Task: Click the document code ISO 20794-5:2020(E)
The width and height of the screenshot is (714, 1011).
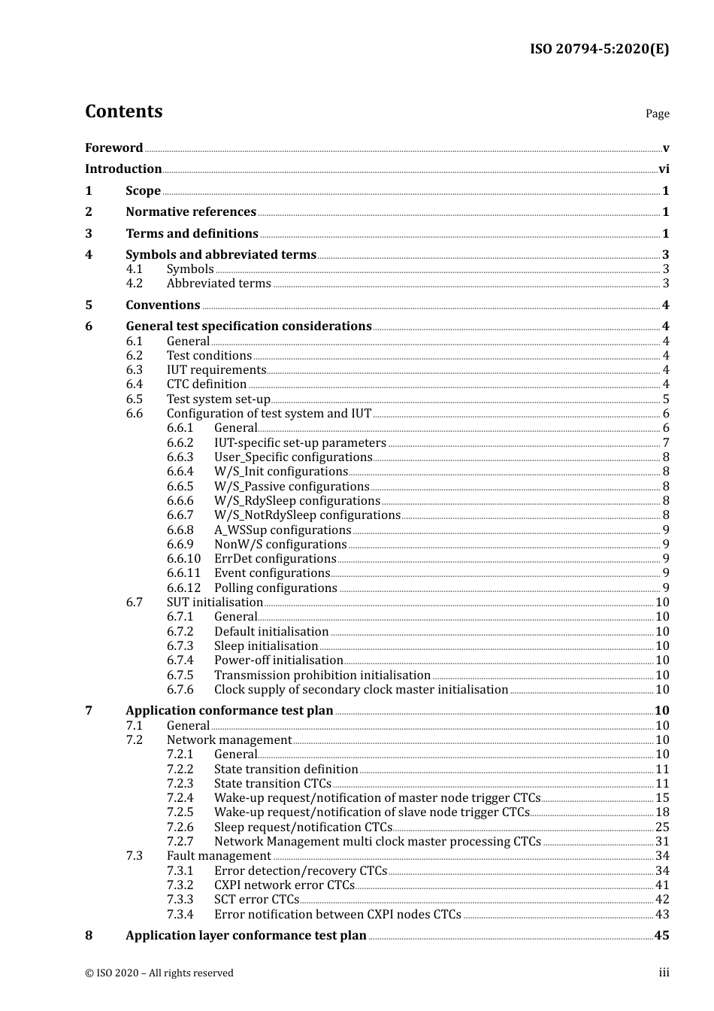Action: [599, 50]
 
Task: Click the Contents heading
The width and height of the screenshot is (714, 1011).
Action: [123, 111]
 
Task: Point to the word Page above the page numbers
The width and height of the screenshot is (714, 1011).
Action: [657, 114]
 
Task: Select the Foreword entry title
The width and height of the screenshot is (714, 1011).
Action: [113, 148]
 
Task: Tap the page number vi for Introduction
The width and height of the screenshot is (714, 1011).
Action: [664, 169]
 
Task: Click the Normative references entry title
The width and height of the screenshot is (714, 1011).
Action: [191, 212]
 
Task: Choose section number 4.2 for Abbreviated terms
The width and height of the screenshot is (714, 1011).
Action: [134, 284]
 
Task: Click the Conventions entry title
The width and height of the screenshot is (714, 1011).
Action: [162, 305]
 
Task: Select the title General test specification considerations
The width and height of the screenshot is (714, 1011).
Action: [248, 326]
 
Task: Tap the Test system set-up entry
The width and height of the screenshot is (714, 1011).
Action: [218, 399]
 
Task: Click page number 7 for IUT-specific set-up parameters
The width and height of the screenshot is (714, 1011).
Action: [666, 443]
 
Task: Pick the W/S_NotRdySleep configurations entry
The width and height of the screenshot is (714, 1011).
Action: [307, 515]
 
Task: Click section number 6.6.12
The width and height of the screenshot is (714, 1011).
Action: [183, 588]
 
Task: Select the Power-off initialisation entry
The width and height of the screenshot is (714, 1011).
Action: [278, 660]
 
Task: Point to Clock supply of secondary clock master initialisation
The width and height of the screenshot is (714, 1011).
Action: [361, 690]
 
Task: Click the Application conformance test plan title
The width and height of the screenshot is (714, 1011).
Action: [229, 711]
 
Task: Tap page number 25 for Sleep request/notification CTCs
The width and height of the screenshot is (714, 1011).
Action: [662, 827]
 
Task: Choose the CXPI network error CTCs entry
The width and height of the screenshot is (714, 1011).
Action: [284, 885]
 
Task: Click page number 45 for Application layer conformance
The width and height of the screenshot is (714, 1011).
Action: [661, 936]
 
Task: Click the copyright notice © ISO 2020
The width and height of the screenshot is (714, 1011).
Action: [159, 973]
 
